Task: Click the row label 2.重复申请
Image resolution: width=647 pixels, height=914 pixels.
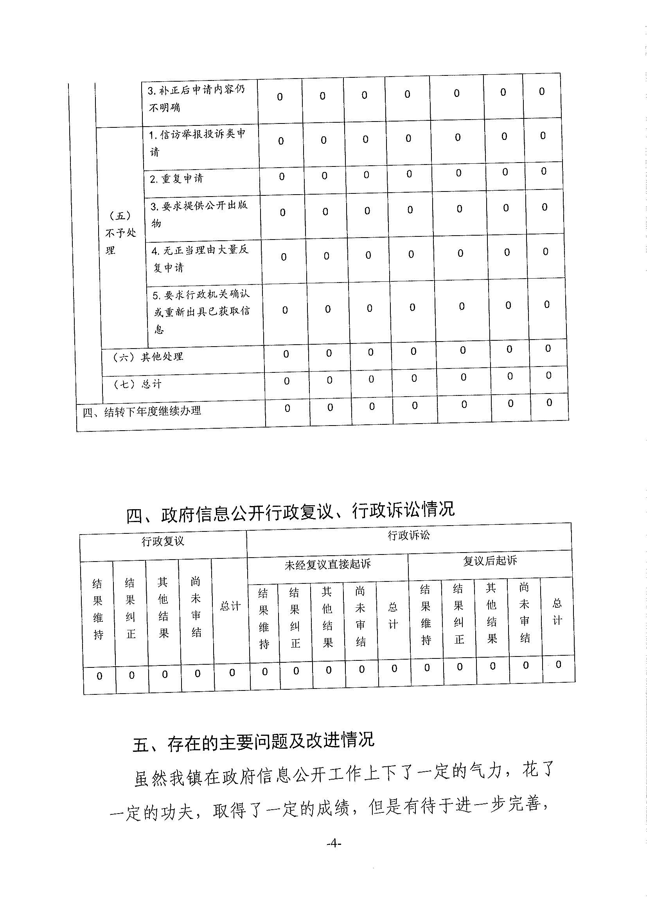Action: click(x=176, y=179)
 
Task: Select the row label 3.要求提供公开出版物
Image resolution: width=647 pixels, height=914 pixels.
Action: click(x=199, y=214)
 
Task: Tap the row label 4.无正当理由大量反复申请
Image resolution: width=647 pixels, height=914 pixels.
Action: click(x=200, y=258)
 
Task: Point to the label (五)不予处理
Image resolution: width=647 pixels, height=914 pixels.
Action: click(x=120, y=233)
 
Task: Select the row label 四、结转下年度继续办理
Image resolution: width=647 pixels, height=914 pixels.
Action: click(x=142, y=411)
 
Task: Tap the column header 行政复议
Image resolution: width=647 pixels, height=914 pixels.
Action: click(x=163, y=541)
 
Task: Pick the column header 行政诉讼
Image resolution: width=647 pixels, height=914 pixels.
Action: click(x=409, y=535)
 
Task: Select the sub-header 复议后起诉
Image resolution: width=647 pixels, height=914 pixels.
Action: click(x=490, y=561)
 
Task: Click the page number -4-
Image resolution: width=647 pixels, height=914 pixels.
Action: click(x=334, y=843)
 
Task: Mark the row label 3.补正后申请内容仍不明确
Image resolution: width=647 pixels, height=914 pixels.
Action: click(x=196, y=99)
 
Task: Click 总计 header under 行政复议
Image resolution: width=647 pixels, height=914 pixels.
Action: click(x=230, y=607)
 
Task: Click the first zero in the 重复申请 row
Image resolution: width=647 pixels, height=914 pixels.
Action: click(x=282, y=176)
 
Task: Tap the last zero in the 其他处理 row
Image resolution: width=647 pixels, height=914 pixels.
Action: click(x=548, y=348)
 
